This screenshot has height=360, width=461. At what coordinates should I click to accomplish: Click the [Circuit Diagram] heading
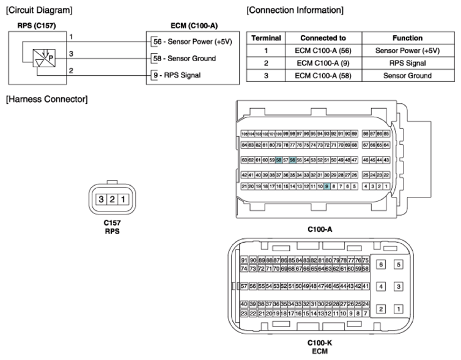click(x=39, y=10)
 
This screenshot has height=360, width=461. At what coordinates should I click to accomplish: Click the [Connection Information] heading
click(x=295, y=10)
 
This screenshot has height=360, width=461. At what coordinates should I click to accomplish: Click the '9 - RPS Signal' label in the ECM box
click(x=179, y=75)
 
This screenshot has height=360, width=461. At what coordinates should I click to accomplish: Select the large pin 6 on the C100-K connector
click(x=380, y=265)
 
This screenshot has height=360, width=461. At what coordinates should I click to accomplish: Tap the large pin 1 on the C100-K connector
click(x=398, y=309)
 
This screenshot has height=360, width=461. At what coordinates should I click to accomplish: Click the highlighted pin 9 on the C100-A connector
click(x=327, y=186)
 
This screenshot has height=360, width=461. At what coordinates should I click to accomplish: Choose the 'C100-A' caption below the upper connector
click(x=320, y=229)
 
